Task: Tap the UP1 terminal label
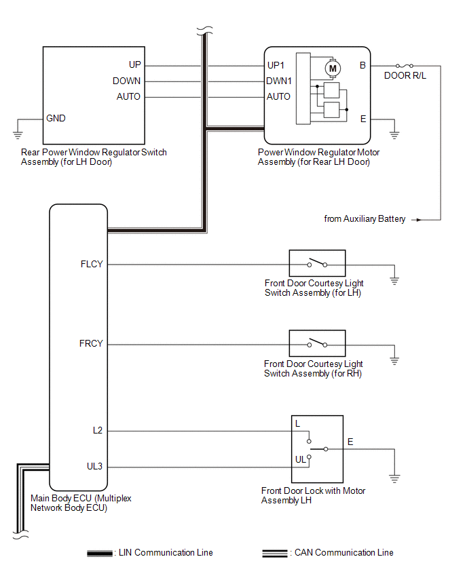point(278,66)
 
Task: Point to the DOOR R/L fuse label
point(405,75)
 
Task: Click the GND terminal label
point(56,118)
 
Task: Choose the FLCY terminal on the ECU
point(92,264)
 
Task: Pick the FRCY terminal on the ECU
point(92,344)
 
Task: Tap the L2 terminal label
point(98,431)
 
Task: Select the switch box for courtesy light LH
point(317,263)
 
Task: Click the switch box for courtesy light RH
point(317,343)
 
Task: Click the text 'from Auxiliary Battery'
point(365,219)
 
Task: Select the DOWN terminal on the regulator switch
point(127,81)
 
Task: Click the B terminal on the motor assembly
point(363,66)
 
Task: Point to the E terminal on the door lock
point(350,442)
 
